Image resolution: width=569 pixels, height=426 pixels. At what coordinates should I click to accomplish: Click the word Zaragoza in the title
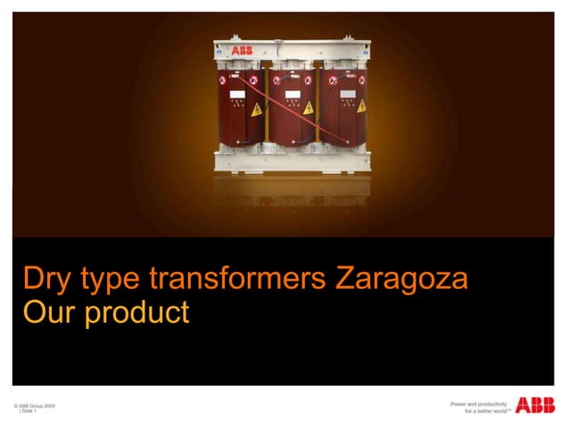pos(401,279)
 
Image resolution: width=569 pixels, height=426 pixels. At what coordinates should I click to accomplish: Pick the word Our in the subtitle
pos(50,313)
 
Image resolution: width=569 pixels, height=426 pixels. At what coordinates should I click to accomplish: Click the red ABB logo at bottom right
pos(535,406)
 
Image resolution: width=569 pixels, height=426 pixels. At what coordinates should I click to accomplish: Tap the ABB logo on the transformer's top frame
pos(242,52)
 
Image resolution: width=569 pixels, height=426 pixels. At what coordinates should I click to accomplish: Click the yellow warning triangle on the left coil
pos(256,111)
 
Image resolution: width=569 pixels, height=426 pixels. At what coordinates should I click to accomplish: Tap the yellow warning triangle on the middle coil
pos(309,108)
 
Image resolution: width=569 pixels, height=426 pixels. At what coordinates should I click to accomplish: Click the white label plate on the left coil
pos(237,92)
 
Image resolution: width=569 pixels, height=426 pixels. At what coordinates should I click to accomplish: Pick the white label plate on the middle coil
pos(291,92)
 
